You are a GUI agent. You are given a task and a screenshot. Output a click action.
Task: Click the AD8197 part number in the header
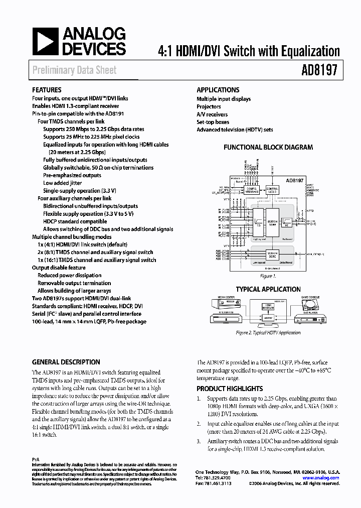click(318, 70)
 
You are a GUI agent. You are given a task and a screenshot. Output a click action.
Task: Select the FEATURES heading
click(47, 90)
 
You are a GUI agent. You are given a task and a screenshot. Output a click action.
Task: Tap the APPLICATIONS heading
click(218, 90)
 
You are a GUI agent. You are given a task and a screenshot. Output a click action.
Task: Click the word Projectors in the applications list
click(209, 106)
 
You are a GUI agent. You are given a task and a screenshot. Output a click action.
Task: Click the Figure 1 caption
click(267, 276)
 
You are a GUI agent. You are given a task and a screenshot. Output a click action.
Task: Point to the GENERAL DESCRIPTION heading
click(66, 362)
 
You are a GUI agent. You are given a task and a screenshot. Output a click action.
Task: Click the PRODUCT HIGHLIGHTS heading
click(229, 389)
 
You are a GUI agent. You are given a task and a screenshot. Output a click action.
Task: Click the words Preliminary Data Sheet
click(74, 70)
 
